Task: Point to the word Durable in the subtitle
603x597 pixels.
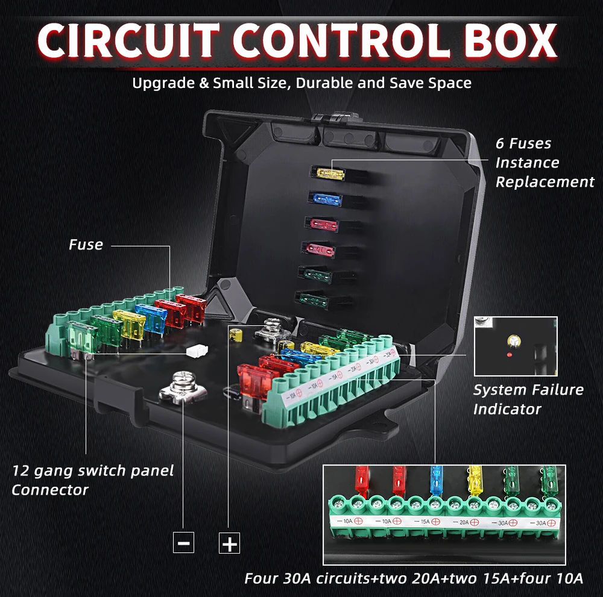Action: (x=322, y=83)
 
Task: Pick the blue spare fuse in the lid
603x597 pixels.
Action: (x=326, y=198)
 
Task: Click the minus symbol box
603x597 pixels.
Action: (x=183, y=542)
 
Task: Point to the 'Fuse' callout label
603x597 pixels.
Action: (x=86, y=245)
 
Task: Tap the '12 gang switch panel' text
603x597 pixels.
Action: (x=93, y=470)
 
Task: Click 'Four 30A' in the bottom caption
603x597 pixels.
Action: (x=277, y=578)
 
